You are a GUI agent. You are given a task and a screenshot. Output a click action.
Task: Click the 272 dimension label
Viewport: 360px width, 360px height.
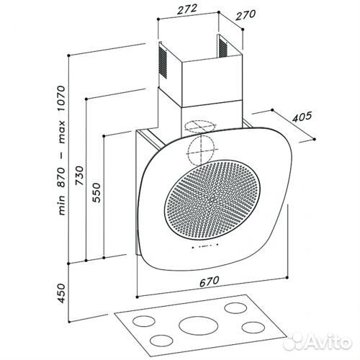(187, 9)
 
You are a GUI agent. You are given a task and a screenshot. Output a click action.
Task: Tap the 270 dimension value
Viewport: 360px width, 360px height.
(245, 15)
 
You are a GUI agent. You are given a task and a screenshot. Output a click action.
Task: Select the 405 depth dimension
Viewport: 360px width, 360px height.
(302, 117)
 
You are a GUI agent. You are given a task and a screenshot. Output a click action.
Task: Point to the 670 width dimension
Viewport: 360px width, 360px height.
(209, 282)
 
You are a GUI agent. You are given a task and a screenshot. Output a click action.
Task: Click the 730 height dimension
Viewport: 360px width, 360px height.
(80, 175)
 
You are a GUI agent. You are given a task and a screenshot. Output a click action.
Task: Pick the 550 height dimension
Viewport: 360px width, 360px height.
(96, 192)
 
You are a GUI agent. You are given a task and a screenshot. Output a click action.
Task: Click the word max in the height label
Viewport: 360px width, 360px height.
(61, 132)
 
